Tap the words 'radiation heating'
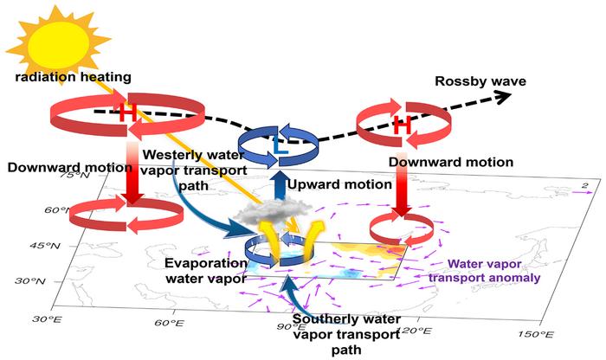tap(74, 76)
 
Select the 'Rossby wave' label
tap(480, 81)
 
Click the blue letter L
tap(280, 145)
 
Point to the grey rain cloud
tap(274, 211)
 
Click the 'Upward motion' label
tap(339, 184)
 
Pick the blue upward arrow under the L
tap(277, 185)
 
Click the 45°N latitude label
tap(45, 245)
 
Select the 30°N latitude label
tap(29, 280)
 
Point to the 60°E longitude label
tap(169, 323)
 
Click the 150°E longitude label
tap(536, 334)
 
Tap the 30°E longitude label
tap(47, 318)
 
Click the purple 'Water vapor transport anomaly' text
tap(484, 271)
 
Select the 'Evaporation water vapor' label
tap(206, 270)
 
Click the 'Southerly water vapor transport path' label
tap(346, 335)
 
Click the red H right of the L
tap(403, 125)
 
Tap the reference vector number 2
tap(584, 186)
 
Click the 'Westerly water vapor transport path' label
tap(194, 170)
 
